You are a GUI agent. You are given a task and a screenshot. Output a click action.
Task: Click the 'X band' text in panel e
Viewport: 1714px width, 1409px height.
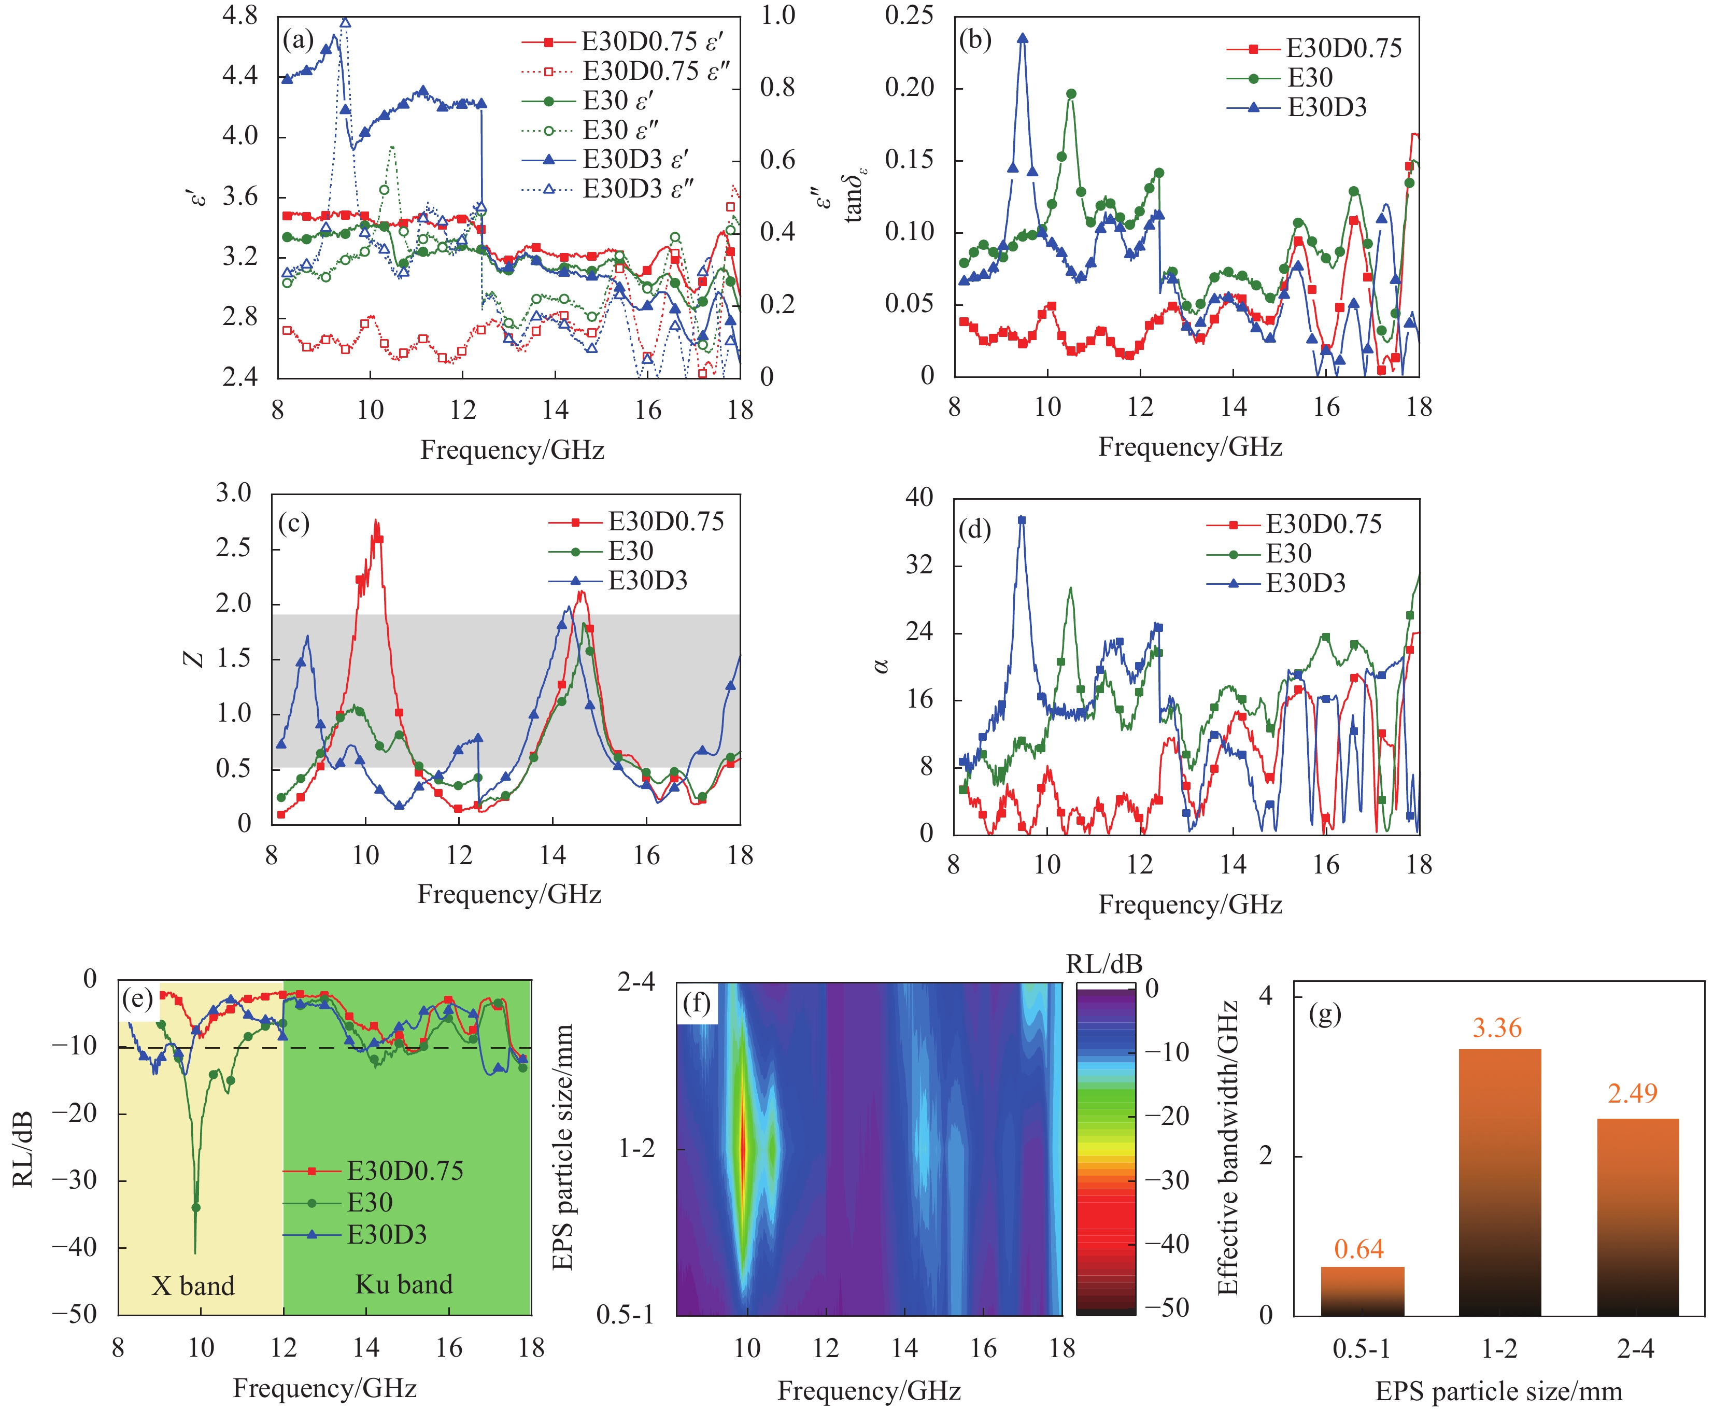[x=193, y=1286]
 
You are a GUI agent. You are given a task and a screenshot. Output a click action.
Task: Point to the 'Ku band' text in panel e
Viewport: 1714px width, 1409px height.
[x=403, y=1284]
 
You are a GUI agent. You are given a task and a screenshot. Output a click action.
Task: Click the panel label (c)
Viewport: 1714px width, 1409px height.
[x=294, y=524]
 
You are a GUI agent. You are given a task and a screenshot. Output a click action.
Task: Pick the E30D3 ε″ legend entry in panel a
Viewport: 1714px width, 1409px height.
[x=637, y=189]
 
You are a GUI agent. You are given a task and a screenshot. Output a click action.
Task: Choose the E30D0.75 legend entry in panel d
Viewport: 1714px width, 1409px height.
[x=1323, y=524]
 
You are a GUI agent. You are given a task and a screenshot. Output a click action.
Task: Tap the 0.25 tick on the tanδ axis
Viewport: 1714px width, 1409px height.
[x=909, y=16]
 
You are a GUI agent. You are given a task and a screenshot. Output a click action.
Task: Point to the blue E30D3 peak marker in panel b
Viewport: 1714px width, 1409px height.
[x=1023, y=38]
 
